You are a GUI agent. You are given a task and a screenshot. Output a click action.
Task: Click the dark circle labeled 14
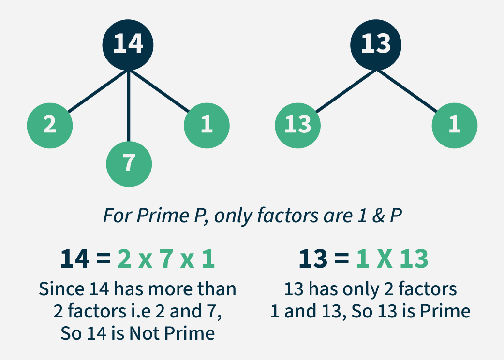pyautogui.click(x=128, y=44)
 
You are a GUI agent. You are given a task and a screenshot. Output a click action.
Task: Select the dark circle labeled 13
pyautogui.click(x=376, y=44)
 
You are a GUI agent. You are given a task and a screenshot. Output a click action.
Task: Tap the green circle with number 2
pyautogui.click(x=50, y=125)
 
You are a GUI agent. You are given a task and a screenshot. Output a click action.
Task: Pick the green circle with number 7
pyautogui.click(x=129, y=164)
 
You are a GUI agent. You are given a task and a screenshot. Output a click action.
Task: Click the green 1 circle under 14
pyautogui.click(x=207, y=125)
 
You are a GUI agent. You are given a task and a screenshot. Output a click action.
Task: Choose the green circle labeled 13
pyautogui.click(x=297, y=125)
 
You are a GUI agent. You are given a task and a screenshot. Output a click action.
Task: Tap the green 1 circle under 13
pyautogui.click(x=455, y=125)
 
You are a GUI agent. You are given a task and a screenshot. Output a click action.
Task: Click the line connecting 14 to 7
pyautogui.click(x=129, y=106)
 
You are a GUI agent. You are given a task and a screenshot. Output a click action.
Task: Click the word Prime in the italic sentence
pyautogui.click(x=163, y=215)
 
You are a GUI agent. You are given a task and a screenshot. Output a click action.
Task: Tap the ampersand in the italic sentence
pyautogui.click(x=378, y=216)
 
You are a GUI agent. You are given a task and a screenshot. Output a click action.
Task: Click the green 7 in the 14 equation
pyautogui.click(x=166, y=259)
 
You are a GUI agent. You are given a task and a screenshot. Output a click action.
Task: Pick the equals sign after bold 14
pyautogui.click(x=103, y=258)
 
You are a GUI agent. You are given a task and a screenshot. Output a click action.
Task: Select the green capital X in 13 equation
pyautogui.click(x=384, y=259)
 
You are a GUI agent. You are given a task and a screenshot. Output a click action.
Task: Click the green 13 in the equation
pyautogui.click(x=414, y=259)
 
